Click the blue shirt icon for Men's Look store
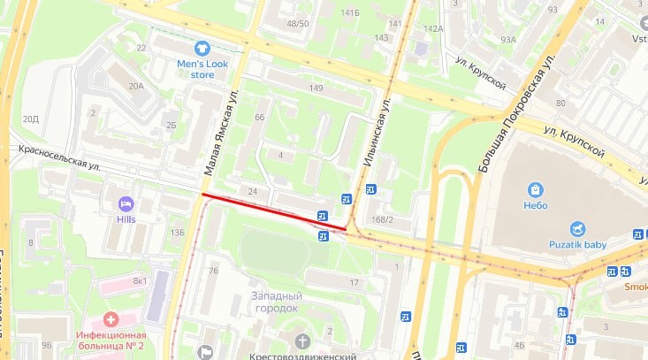202,48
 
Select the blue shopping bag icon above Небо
535,190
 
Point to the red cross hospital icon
111,318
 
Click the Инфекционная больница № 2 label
111,340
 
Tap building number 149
316,87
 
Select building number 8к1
141,281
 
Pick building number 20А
135,86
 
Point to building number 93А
507,39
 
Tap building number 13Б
177,233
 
